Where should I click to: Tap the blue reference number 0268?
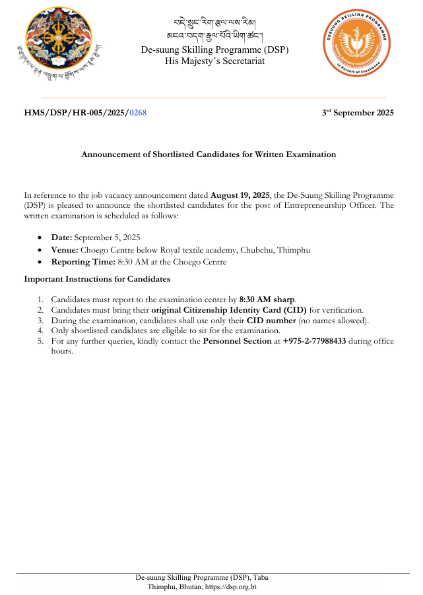click(138, 113)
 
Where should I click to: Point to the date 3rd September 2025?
click(358, 113)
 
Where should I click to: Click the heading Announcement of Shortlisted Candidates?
click(209, 154)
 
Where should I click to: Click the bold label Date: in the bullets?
click(61, 237)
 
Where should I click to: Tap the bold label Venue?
click(64, 249)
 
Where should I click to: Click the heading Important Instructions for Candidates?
click(97, 279)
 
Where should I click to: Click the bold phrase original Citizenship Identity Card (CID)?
click(258, 309)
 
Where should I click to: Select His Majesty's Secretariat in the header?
click(214, 61)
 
